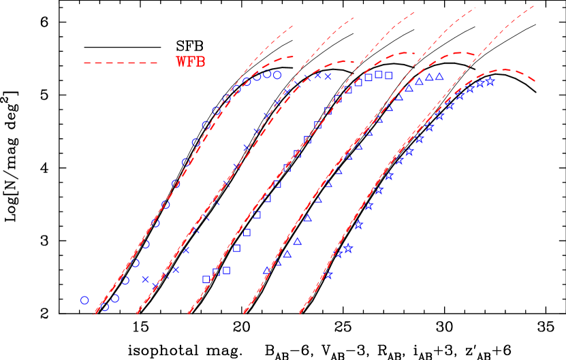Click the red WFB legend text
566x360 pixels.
point(191,63)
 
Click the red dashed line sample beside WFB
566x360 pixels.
point(121,63)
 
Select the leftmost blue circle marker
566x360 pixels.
point(84,300)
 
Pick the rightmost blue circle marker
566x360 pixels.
point(277,76)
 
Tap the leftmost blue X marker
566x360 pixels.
point(146,279)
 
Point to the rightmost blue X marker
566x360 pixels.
point(328,77)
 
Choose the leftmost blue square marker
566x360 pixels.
point(206,279)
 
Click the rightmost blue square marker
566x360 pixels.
point(388,76)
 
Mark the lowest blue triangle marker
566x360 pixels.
point(267,271)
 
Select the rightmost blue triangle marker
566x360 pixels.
point(440,76)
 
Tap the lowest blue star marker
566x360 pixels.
point(328,276)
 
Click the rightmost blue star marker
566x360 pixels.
point(490,82)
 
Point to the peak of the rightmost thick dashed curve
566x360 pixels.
point(505,69)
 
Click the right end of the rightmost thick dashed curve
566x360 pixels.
point(535,82)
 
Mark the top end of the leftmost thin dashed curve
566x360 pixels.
point(294,26)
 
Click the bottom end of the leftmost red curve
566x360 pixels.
point(93,314)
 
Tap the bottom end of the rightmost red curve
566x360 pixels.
point(300,314)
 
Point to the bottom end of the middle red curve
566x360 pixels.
point(188,314)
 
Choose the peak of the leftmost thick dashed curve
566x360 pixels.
point(289,56)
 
